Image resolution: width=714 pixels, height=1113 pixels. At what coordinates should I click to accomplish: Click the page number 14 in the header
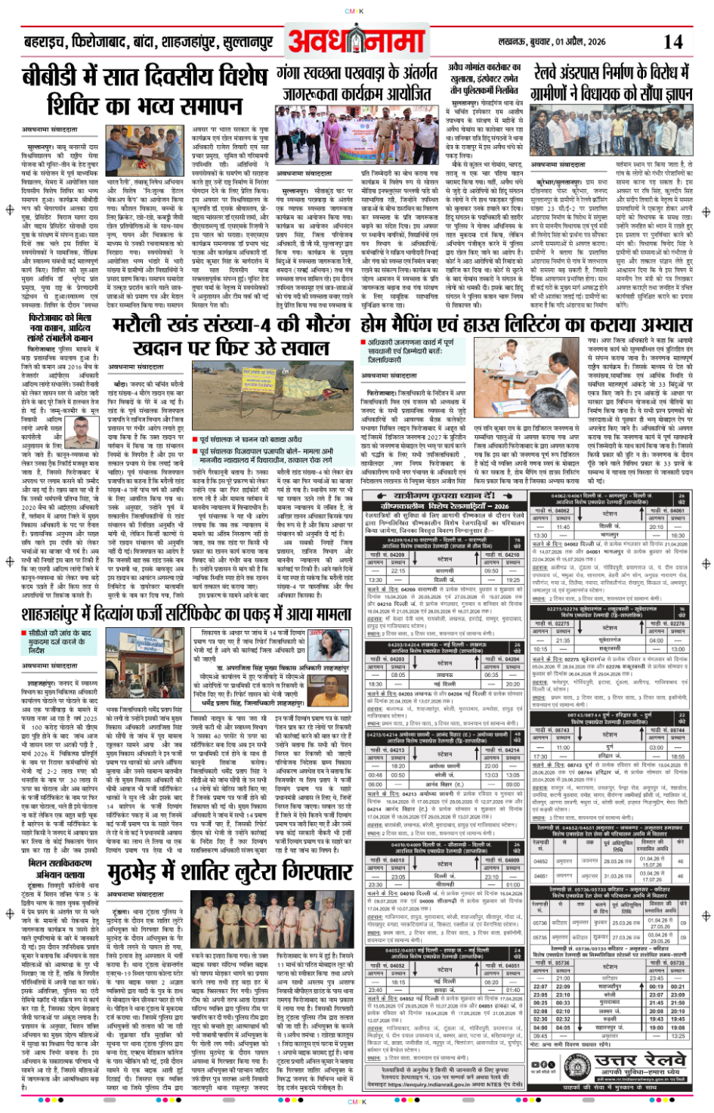pos(673,42)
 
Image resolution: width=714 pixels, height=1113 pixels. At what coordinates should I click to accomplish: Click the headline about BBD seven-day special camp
pos(144,91)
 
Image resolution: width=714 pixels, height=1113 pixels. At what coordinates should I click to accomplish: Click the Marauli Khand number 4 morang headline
pos(230,336)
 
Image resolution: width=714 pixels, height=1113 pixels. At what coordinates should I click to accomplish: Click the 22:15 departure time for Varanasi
pos(398,571)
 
